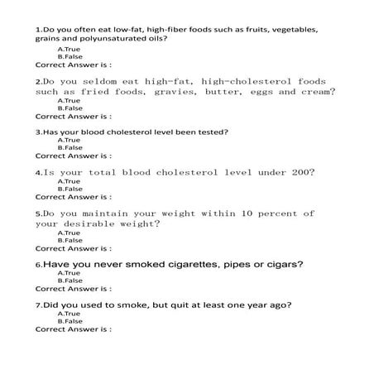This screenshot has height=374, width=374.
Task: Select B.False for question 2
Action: click(x=70, y=108)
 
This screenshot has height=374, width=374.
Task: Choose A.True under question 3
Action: click(x=70, y=140)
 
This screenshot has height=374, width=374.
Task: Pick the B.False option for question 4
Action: click(x=70, y=189)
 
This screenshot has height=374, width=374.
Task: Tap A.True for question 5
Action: click(x=69, y=233)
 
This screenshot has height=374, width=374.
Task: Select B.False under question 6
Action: click(x=70, y=281)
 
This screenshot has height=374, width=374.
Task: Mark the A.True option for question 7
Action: click(x=69, y=314)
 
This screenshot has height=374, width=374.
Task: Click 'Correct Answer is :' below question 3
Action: click(x=74, y=156)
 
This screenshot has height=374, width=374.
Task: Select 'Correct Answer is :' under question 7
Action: click(x=74, y=329)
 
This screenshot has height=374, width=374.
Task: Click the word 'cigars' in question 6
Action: click(x=283, y=265)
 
